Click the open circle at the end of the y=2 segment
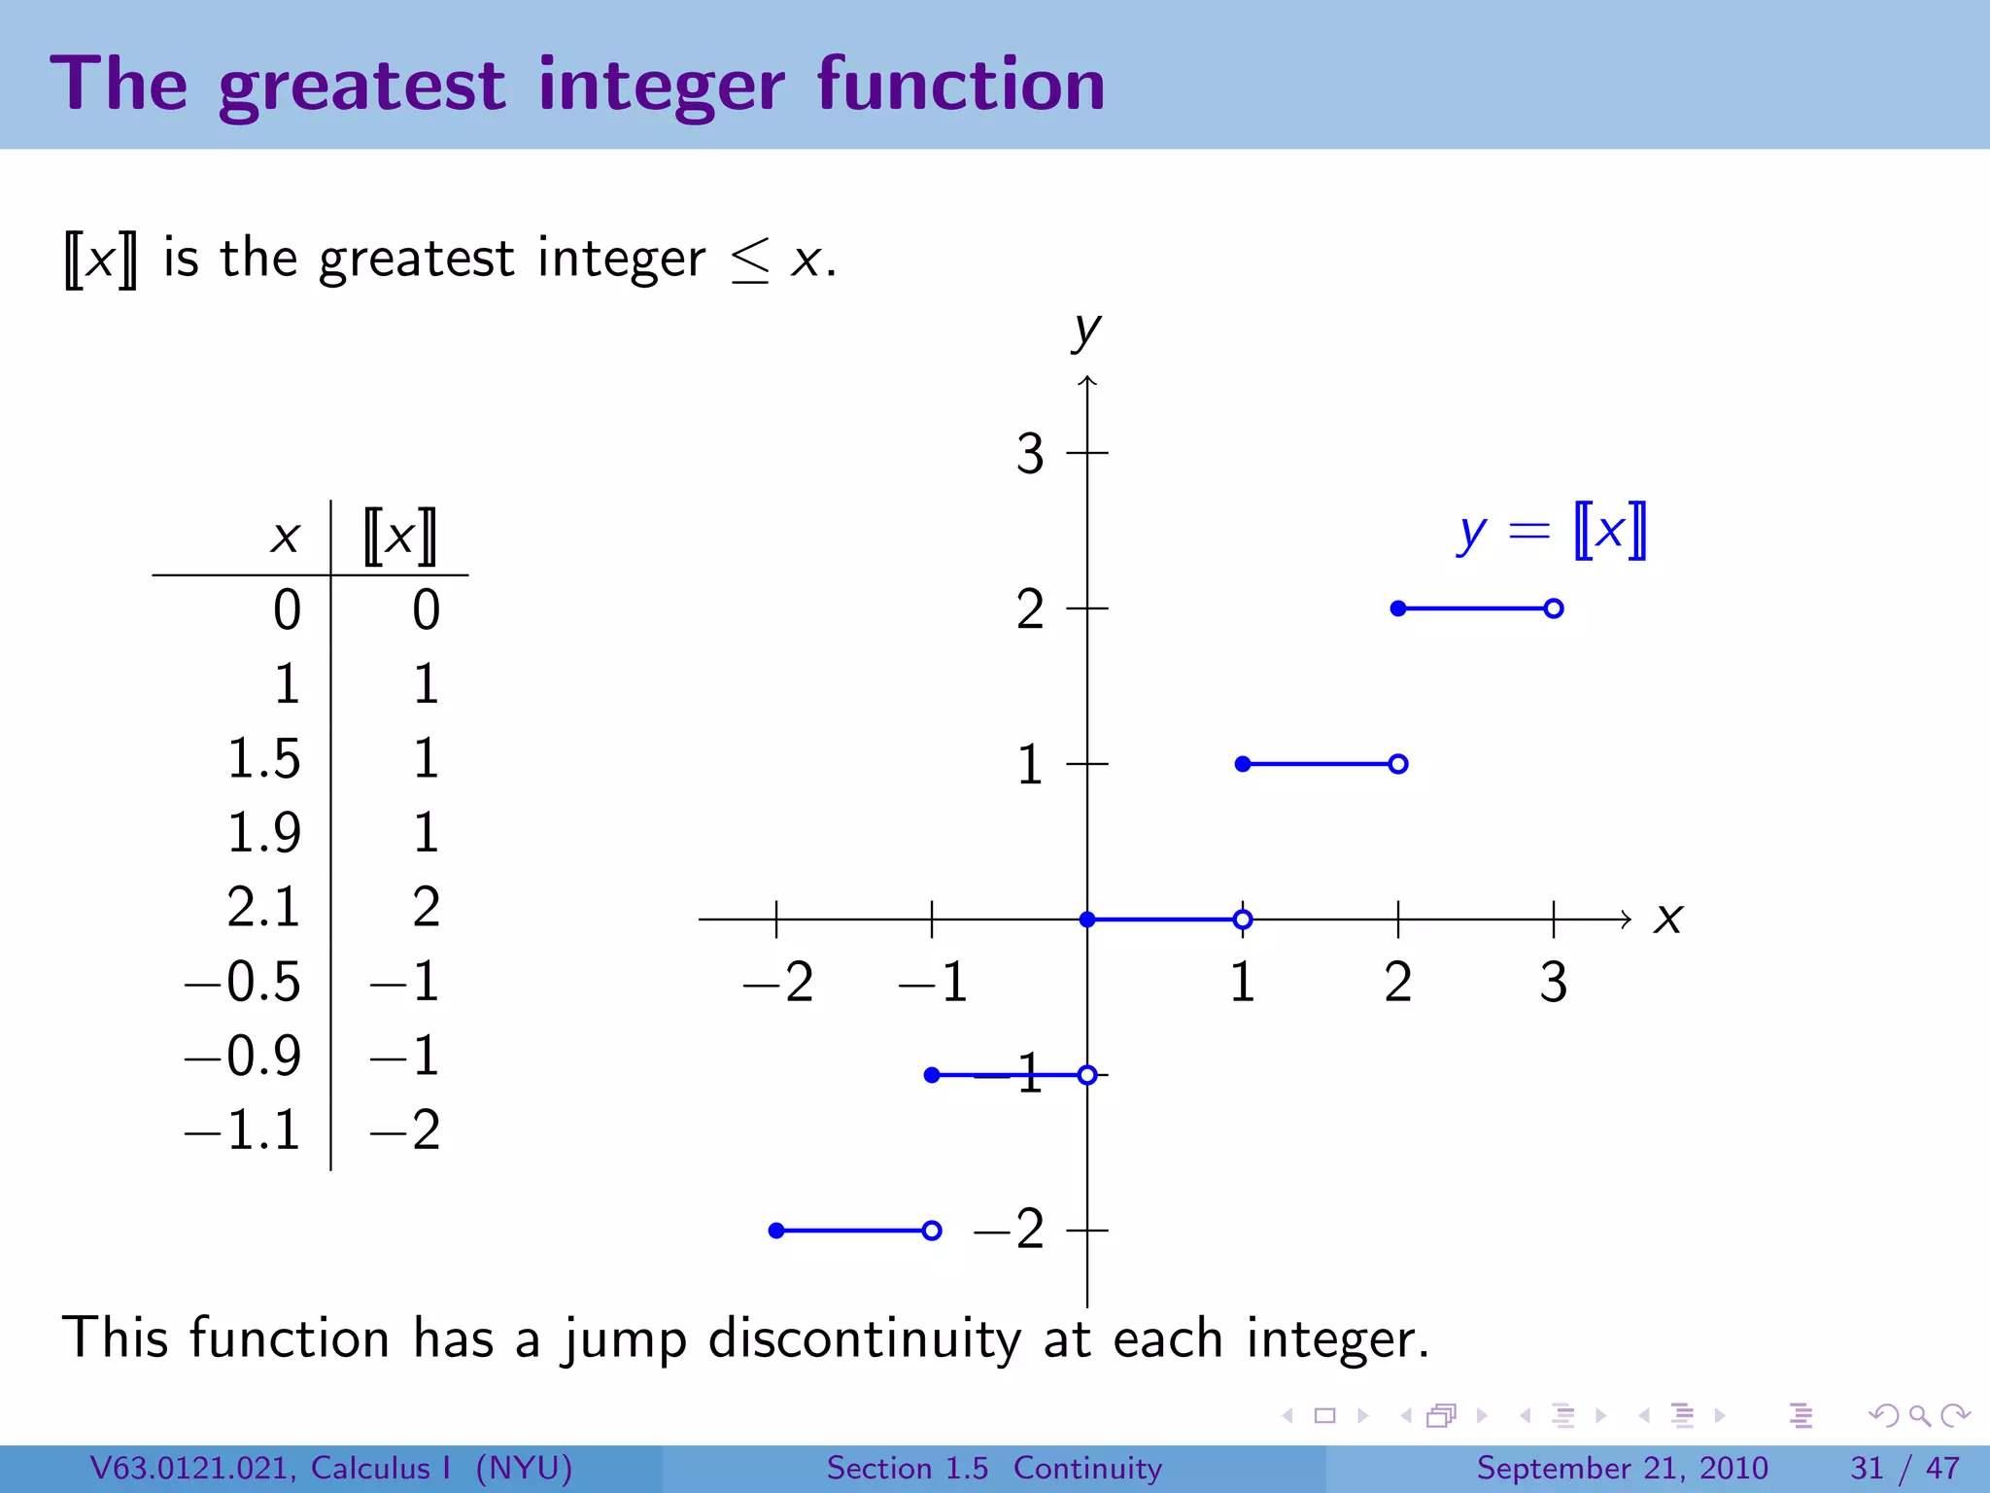(x=1553, y=608)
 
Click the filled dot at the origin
(x=1087, y=920)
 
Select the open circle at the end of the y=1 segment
(x=1397, y=764)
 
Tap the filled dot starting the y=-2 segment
(x=776, y=1231)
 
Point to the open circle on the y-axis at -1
(x=1087, y=1075)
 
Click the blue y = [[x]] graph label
(x=1551, y=532)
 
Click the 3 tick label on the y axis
(x=1030, y=454)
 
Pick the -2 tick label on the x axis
(x=778, y=982)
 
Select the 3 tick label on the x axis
(x=1553, y=982)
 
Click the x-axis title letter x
(x=1667, y=918)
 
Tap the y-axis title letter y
(x=1086, y=330)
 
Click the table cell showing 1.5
(x=263, y=758)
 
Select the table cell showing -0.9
(x=244, y=1056)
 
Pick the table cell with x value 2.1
(x=263, y=907)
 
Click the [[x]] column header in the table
(x=399, y=536)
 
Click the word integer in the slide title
(x=661, y=86)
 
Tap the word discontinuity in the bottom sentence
(x=864, y=1338)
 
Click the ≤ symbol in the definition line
(x=750, y=260)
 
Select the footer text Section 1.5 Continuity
(x=993, y=1468)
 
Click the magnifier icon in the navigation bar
(x=1919, y=1415)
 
